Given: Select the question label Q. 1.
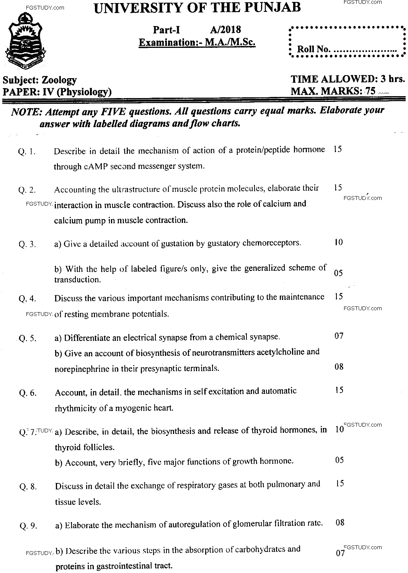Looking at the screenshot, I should (27, 152).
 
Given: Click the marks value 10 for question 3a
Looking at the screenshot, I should (338, 242).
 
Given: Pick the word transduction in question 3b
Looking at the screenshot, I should (77, 280).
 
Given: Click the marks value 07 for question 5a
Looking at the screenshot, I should (339, 336).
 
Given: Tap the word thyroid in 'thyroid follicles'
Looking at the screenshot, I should (67, 447).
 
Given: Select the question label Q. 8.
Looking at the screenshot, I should (28, 487).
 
